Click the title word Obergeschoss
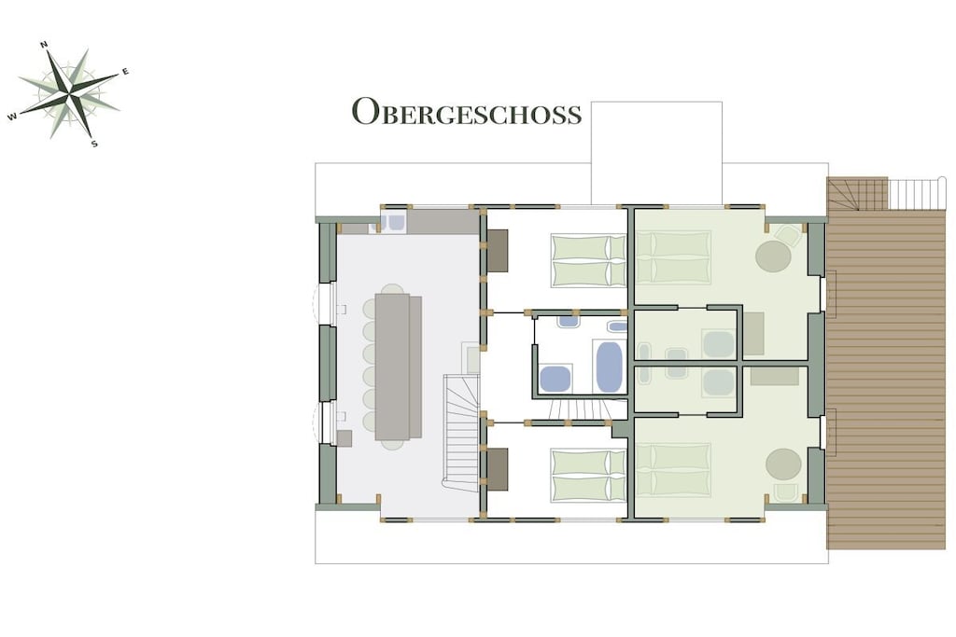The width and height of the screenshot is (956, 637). click(x=467, y=111)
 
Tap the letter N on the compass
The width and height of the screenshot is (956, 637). click(x=44, y=45)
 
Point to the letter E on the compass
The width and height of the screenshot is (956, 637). click(x=126, y=72)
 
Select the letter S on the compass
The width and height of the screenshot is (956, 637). click(x=94, y=145)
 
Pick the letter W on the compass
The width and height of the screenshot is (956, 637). click(x=12, y=117)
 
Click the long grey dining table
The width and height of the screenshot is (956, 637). click(x=398, y=367)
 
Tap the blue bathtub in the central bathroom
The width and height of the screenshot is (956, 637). click(x=609, y=367)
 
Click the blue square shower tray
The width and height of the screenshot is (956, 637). click(x=555, y=378)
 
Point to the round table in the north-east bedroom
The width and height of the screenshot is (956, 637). click(x=773, y=256)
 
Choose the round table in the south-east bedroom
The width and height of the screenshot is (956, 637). click(x=783, y=464)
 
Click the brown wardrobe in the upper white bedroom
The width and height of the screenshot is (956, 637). click(x=498, y=250)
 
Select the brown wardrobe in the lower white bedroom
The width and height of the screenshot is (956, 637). click(x=498, y=469)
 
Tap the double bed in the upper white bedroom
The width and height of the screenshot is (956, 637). click(x=588, y=260)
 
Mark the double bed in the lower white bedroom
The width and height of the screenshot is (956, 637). click(x=588, y=476)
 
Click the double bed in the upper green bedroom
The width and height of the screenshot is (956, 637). click(x=673, y=257)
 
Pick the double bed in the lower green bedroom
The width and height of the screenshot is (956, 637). click(x=673, y=471)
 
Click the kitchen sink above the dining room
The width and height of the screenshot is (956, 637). click(x=395, y=222)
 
